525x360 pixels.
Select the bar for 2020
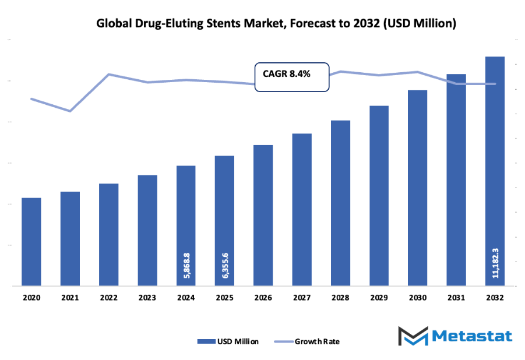31,242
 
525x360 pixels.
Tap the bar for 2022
109,235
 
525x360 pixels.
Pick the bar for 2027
302,210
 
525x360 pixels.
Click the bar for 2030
418,188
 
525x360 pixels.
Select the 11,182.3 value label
495,262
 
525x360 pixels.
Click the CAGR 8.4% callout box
292,76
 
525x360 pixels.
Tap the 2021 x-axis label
70,297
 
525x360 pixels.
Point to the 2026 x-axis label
263,297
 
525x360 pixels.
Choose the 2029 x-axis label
379,297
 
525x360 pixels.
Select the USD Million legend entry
228,341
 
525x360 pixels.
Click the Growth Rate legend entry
309,341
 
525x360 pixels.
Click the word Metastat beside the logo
473,336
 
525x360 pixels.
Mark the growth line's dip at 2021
70,111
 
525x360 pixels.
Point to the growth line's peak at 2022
109,75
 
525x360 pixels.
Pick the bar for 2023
147,231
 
